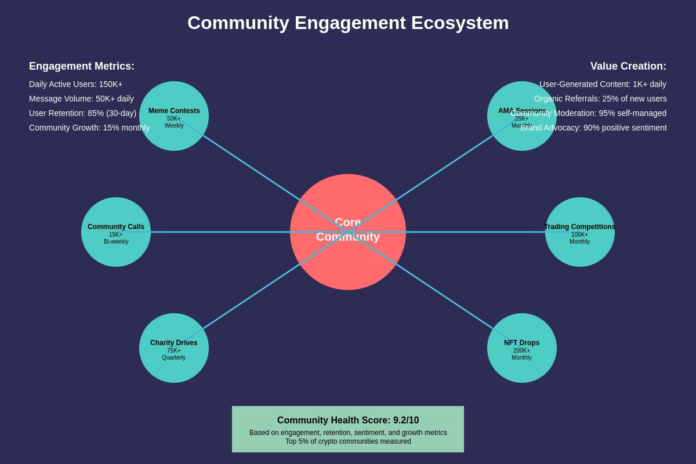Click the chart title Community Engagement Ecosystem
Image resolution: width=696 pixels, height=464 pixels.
tap(348, 23)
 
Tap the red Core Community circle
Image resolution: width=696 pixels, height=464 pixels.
tap(348, 261)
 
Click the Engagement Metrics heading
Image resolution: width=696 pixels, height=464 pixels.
tap(82, 66)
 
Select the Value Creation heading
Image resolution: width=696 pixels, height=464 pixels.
tap(628, 66)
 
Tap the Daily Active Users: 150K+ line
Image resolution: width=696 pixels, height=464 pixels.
tap(76, 84)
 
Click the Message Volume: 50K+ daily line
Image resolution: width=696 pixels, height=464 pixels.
tap(81, 99)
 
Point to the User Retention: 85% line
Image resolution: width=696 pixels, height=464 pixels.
tap(82, 113)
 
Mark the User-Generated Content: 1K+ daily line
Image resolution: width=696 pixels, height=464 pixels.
tap(603, 84)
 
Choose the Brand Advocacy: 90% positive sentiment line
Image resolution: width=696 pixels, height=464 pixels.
tap(593, 128)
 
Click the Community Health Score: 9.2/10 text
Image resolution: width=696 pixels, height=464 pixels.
tap(348, 420)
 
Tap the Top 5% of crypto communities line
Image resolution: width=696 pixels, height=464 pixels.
tap(348, 441)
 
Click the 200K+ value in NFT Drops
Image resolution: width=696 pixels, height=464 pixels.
tap(521, 350)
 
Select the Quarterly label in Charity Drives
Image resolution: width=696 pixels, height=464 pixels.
tap(173, 358)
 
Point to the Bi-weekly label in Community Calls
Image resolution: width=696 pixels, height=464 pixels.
tap(116, 242)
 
